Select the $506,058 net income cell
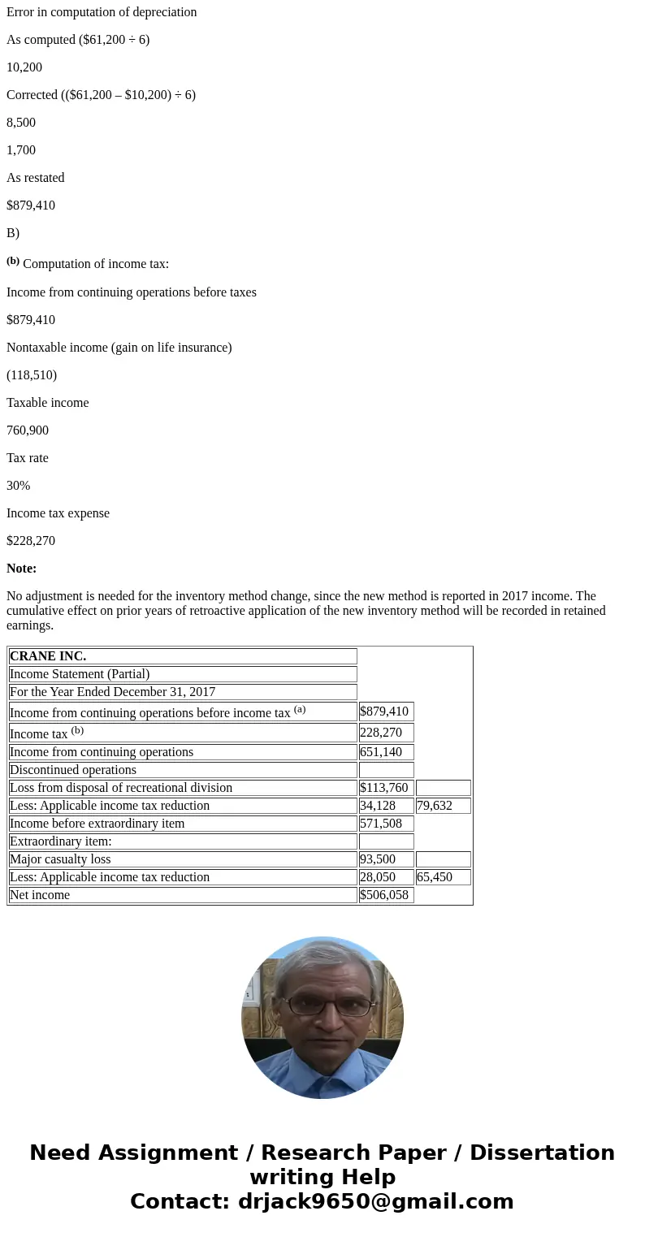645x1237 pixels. (385, 895)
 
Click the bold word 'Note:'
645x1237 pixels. (22, 569)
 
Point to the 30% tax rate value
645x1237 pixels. (19, 486)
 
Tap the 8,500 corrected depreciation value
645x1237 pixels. (21, 123)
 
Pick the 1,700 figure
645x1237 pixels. (21, 150)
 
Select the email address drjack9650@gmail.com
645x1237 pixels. (375, 1202)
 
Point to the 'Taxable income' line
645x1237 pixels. (48, 403)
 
